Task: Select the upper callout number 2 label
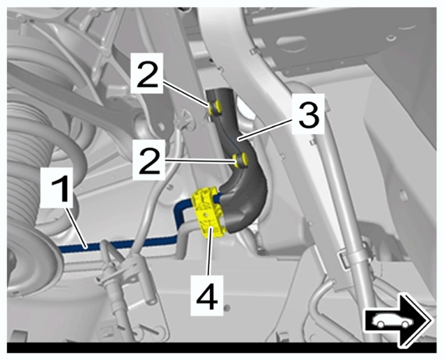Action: point(146,73)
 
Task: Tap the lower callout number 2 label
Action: point(148,159)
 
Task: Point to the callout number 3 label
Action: point(309,114)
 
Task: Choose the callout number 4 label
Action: point(207,295)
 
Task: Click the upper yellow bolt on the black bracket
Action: point(215,107)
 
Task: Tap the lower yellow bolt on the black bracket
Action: point(240,159)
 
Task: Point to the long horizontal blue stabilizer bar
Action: point(119,244)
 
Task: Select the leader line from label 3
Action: point(265,130)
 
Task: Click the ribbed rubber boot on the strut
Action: point(26,158)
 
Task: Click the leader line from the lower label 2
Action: point(200,161)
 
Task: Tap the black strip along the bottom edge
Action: point(222,348)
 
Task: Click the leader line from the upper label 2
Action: point(187,94)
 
